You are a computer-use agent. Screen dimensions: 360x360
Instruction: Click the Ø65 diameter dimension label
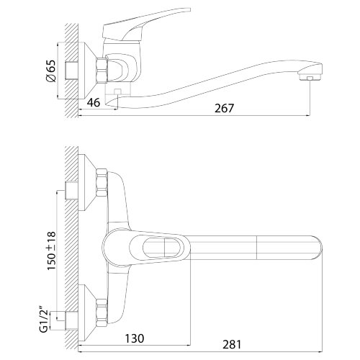51,71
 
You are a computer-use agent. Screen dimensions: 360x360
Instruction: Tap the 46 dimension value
94,103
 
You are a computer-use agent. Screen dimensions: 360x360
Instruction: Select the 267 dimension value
224,108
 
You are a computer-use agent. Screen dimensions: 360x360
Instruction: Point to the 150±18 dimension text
51,251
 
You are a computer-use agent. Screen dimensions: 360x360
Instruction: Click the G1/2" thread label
44,319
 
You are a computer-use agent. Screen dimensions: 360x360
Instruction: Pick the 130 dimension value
135,338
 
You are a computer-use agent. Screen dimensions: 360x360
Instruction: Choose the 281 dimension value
232,345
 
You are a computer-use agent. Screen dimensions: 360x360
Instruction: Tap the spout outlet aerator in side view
310,77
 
